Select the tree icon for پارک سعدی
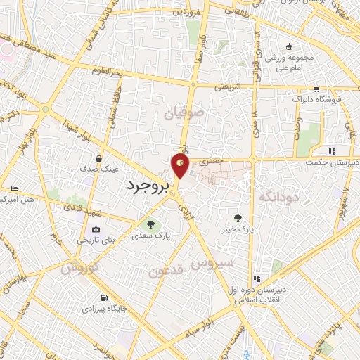click(x=149, y=224)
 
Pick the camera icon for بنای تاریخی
click(x=96, y=229)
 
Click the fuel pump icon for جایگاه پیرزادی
click(x=104, y=297)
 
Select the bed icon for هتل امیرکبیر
click(x=14, y=188)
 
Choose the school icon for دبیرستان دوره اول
click(x=257, y=280)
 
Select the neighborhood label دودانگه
click(x=279, y=196)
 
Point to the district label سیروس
click(x=208, y=263)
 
